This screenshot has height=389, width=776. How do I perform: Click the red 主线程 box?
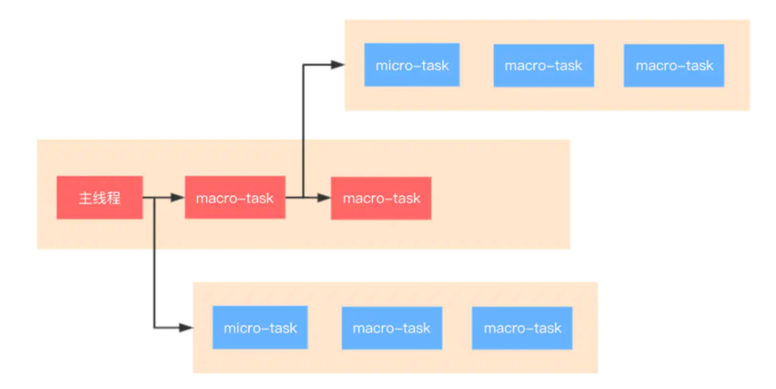point(100,198)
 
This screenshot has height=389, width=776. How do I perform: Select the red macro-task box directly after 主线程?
point(235,198)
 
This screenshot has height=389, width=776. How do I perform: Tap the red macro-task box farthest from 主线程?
point(381,198)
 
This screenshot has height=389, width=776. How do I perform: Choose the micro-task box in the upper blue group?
point(412,65)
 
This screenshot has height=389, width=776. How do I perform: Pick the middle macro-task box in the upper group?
point(543,65)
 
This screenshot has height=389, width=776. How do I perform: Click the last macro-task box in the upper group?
point(674,65)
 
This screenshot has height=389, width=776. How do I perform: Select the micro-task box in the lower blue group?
point(260,328)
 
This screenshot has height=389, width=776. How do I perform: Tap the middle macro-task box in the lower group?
point(392,328)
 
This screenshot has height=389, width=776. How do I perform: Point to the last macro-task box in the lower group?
point(522,328)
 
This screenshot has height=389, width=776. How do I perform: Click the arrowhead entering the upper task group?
point(338,64)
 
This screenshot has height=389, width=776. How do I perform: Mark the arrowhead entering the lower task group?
point(186,328)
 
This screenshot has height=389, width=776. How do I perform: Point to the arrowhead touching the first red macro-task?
point(177,198)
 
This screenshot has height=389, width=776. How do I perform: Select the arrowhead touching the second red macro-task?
point(323,198)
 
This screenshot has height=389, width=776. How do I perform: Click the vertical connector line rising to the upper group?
point(303,131)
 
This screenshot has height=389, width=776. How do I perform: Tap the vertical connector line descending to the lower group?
point(154,262)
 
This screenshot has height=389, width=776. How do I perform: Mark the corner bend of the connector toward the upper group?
point(303,64)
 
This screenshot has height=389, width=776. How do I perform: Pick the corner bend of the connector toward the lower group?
point(154,328)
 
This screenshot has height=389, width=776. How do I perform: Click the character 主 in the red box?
point(85,198)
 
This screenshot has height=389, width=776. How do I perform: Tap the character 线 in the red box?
point(100,198)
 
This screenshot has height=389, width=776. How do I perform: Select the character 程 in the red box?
point(114,198)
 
